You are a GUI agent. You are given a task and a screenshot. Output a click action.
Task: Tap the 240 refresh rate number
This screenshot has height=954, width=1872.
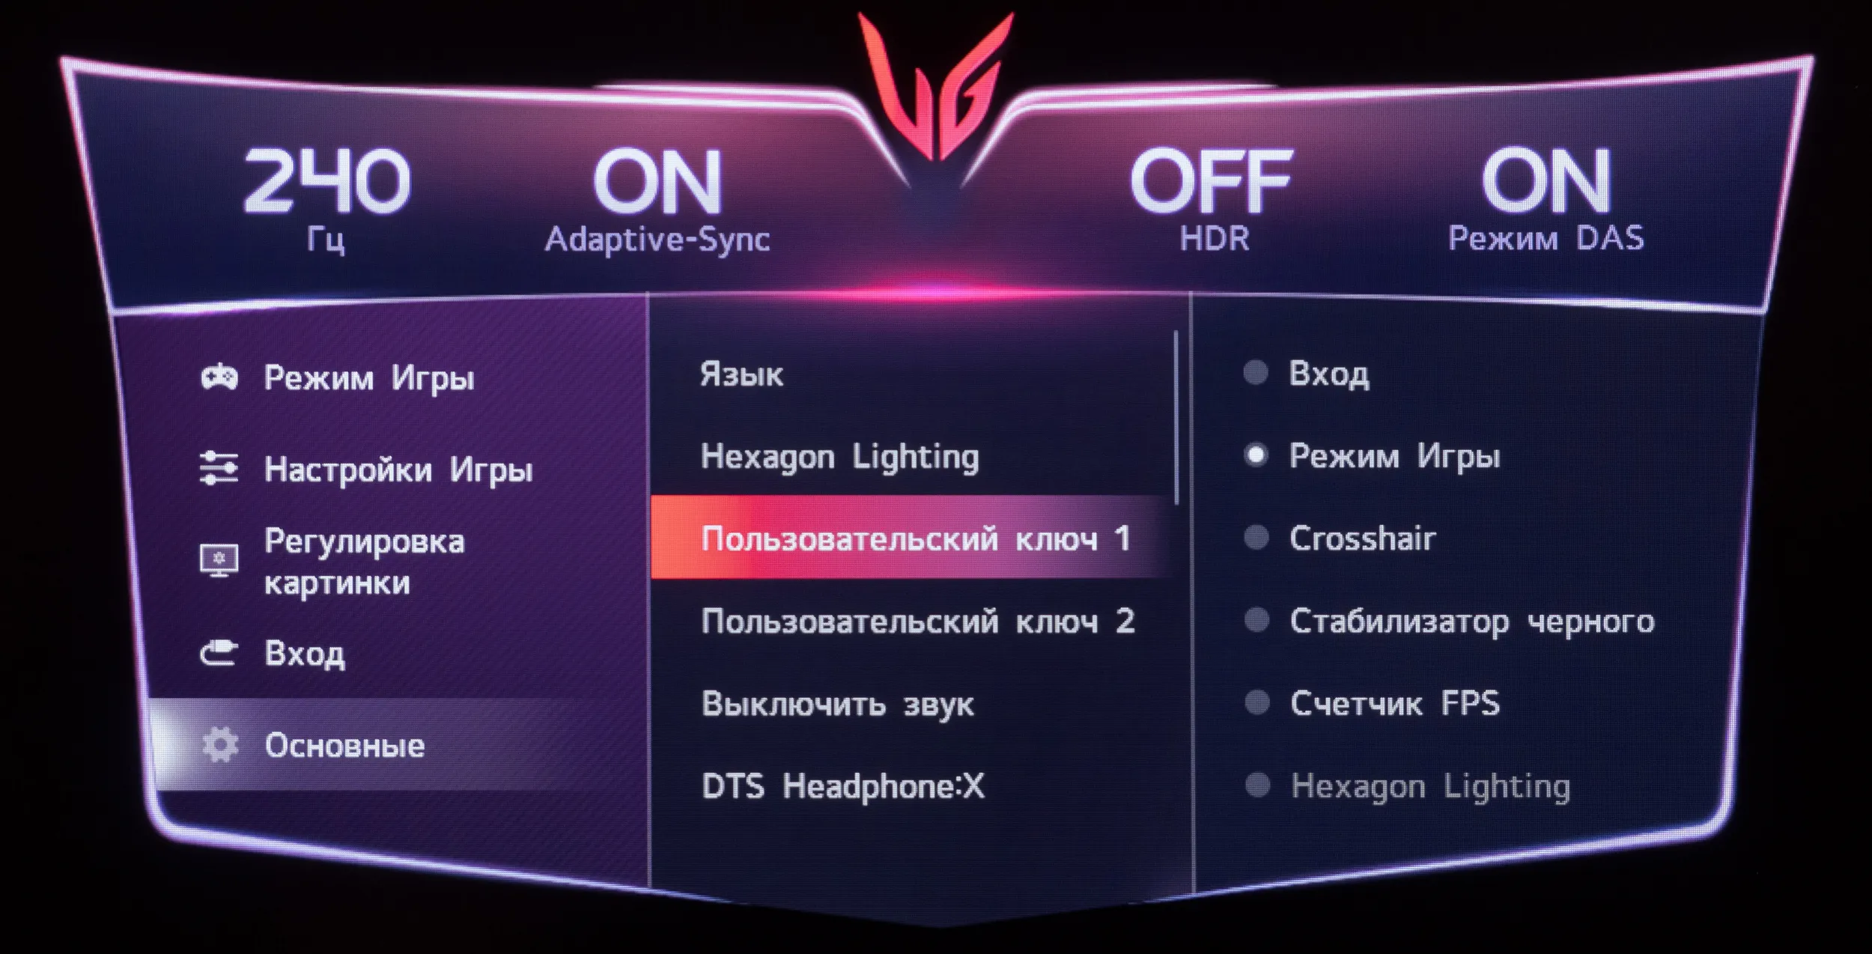327,180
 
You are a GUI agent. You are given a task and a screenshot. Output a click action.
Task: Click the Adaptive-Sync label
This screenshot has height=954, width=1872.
657,240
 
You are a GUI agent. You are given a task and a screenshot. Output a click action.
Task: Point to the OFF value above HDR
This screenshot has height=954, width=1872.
1211,180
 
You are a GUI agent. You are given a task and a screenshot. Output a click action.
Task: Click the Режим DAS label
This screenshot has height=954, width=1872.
1546,239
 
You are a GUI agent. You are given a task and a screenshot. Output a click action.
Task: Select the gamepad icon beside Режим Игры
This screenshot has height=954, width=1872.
219,377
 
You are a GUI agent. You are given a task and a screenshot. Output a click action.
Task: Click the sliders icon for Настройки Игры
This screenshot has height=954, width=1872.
219,468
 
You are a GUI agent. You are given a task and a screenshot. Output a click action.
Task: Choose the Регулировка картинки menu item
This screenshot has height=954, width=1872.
365,561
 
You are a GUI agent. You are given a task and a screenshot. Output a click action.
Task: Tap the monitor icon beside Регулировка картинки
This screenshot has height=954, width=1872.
219,560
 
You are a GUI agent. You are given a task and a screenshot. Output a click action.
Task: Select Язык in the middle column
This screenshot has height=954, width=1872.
741,374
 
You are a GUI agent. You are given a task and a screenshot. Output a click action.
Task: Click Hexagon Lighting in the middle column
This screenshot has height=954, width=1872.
839,457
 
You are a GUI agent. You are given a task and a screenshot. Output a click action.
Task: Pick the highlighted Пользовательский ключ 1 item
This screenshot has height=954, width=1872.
915,538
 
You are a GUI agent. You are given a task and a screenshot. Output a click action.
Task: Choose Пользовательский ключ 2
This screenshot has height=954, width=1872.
917,621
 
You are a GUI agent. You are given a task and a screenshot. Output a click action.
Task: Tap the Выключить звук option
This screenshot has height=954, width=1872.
837,704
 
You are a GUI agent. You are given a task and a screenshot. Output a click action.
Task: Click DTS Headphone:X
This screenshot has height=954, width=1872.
842,786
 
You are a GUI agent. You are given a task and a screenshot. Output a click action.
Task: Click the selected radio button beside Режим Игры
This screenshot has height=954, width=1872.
1256,455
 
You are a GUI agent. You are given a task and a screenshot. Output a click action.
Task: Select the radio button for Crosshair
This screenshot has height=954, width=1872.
1256,538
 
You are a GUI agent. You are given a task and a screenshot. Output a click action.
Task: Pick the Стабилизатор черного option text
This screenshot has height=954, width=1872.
1471,622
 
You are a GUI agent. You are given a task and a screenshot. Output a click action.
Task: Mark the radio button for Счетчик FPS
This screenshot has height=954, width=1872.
1256,702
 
